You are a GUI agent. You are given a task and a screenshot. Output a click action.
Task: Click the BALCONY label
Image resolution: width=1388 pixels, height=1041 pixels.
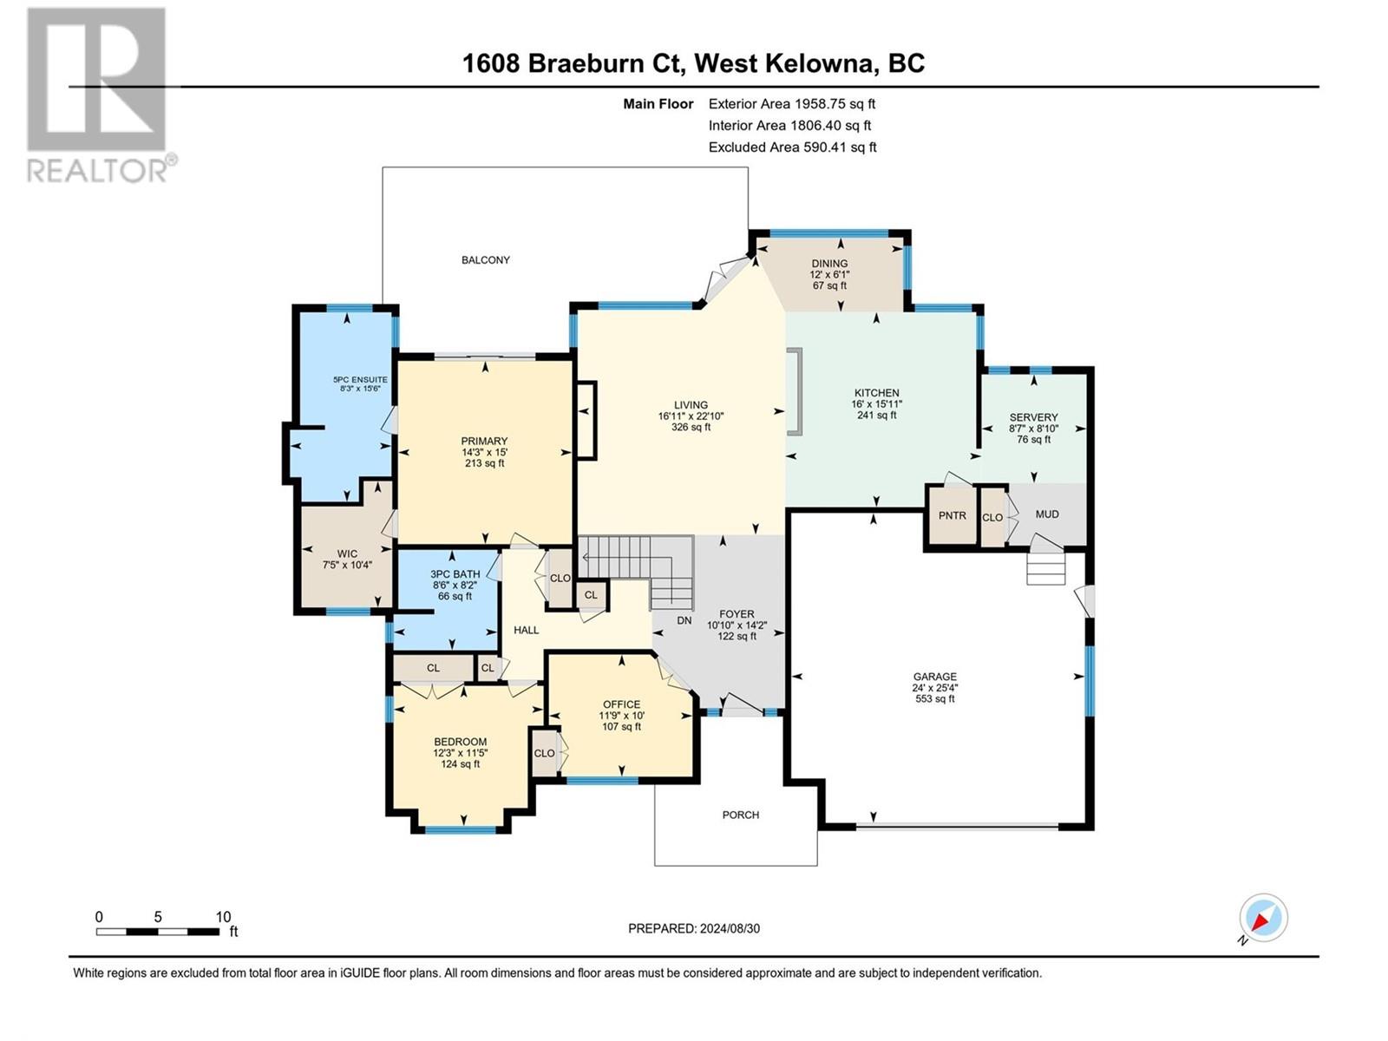485,259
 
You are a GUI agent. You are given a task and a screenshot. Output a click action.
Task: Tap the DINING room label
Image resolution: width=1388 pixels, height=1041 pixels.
829,264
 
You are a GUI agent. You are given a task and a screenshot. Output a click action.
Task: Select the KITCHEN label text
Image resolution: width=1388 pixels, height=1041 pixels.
876,392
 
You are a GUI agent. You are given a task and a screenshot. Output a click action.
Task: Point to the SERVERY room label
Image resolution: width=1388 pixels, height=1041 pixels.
1033,417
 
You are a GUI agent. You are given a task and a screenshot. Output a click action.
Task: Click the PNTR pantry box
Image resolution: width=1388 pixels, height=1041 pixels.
952,515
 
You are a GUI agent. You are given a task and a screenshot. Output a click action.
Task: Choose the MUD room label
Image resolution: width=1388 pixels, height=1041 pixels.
1046,514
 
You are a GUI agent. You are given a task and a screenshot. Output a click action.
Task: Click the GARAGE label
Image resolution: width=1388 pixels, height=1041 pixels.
934,677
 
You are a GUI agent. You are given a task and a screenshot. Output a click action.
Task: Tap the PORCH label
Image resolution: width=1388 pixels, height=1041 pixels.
741,815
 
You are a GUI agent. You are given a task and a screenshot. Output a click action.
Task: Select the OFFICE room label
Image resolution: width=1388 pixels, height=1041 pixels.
621,704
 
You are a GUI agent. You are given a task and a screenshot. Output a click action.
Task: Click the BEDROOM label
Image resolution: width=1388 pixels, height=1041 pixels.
460,742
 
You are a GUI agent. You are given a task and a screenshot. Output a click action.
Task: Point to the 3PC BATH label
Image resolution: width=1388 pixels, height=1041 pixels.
455,574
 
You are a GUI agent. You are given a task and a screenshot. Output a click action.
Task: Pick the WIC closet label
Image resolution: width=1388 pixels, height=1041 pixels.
347,553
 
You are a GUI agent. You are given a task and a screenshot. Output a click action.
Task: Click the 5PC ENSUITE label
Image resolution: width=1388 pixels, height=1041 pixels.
360,380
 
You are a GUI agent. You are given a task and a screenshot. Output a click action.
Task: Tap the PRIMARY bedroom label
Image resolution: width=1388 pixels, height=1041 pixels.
484,442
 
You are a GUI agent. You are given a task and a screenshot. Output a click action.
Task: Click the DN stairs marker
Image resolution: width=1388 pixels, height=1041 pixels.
684,620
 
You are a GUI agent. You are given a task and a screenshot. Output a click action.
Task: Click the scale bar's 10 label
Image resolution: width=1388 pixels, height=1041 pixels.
223,916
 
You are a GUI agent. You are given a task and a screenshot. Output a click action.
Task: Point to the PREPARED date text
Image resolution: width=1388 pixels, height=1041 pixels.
694,928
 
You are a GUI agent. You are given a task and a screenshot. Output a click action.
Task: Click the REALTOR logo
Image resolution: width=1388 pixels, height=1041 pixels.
100,95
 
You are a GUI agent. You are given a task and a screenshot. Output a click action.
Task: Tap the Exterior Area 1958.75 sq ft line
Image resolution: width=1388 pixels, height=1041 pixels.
792,103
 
